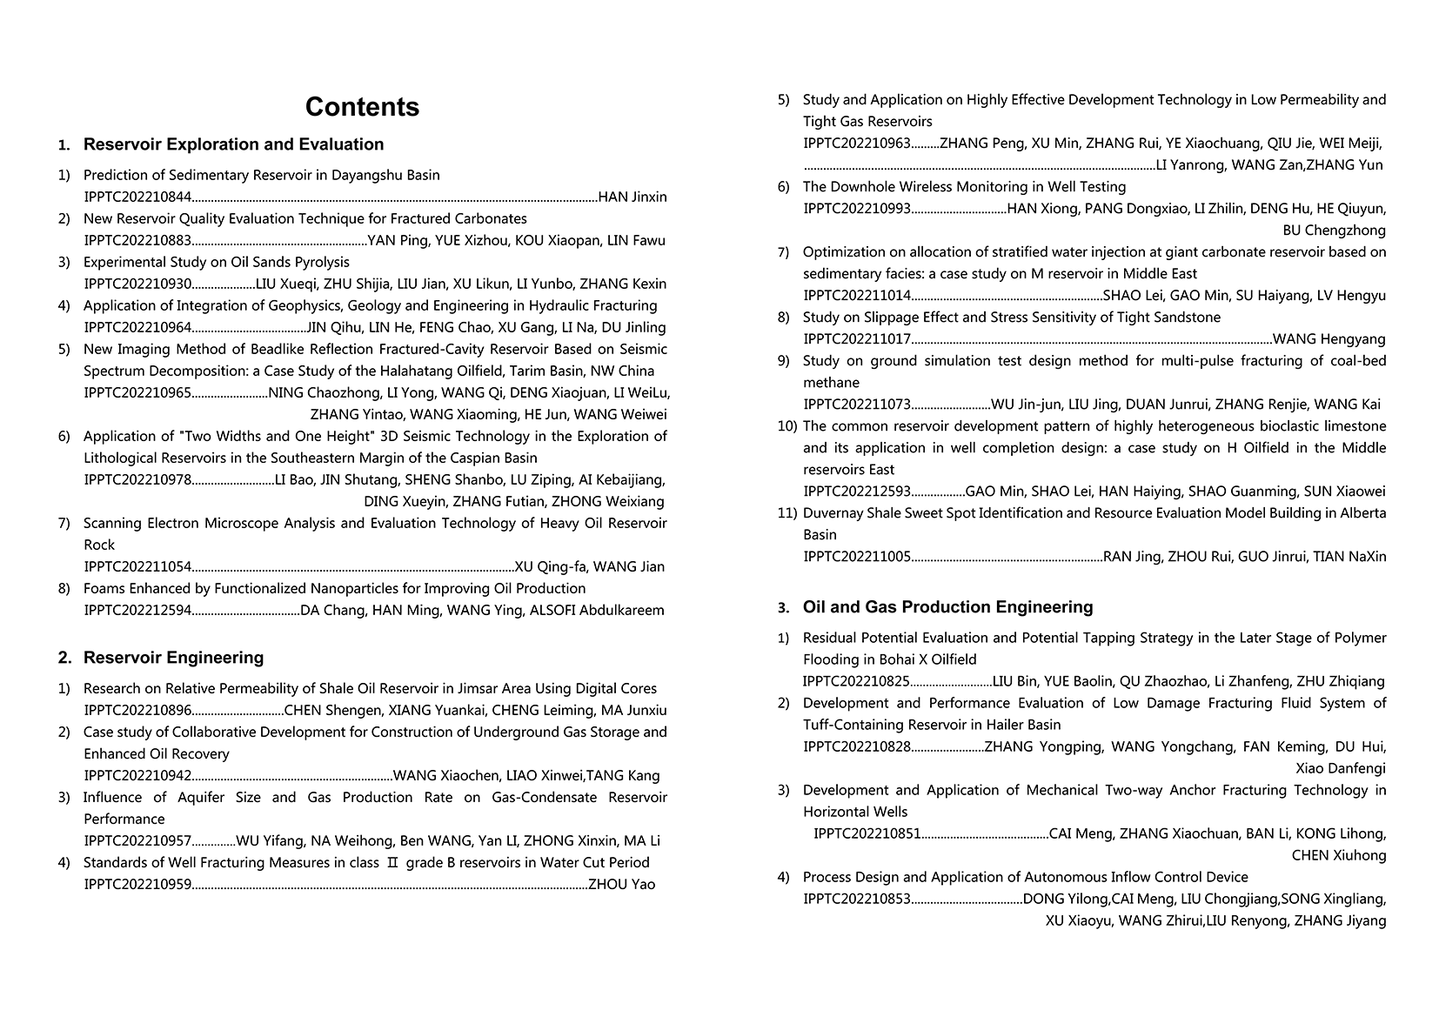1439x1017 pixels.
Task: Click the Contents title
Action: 362,107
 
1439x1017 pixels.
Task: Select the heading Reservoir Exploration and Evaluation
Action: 233,144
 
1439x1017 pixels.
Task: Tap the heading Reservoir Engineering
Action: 173,658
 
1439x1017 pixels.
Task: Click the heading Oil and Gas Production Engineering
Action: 947,607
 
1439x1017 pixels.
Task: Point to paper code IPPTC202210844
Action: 137,197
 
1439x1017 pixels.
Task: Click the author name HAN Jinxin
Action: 632,197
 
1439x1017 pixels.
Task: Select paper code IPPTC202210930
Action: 137,284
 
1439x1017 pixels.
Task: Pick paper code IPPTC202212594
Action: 137,611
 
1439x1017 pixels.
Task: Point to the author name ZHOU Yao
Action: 622,885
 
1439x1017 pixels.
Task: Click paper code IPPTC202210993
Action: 857,209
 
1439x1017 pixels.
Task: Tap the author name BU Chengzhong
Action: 1334,231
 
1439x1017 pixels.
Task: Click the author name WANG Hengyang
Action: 1329,339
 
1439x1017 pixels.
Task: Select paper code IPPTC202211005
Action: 857,557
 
